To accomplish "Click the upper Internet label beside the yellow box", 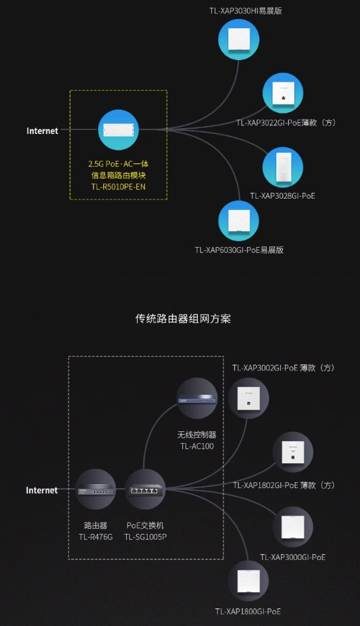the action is pyautogui.click(x=42, y=131).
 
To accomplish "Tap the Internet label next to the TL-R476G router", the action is pyautogui.click(x=42, y=490).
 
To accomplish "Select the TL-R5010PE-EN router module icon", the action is pyautogui.click(x=118, y=130).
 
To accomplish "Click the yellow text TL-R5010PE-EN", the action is pyautogui.click(x=118, y=186).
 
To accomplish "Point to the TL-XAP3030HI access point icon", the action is pyautogui.click(x=238, y=39).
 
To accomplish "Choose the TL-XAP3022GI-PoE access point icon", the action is pyautogui.click(x=283, y=93).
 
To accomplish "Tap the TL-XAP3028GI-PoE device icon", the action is pyautogui.click(x=282, y=167).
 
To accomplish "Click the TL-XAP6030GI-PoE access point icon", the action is pyautogui.click(x=238, y=221).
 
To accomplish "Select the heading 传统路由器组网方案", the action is pyautogui.click(x=183, y=319).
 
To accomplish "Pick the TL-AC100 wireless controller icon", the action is pyautogui.click(x=197, y=398).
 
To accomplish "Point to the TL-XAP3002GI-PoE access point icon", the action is pyautogui.click(x=249, y=398).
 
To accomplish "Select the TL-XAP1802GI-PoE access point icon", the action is pyautogui.click(x=293, y=452).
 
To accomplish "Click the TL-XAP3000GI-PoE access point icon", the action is pyautogui.click(x=293, y=527).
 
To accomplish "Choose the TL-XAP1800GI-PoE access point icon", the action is pyautogui.click(x=248, y=580).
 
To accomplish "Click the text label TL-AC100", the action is pyautogui.click(x=197, y=446).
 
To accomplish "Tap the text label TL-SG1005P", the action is pyautogui.click(x=145, y=537).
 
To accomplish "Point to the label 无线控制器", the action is pyautogui.click(x=197, y=435).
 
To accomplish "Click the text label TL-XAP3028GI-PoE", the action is pyautogui.click(x=282, y=195).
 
